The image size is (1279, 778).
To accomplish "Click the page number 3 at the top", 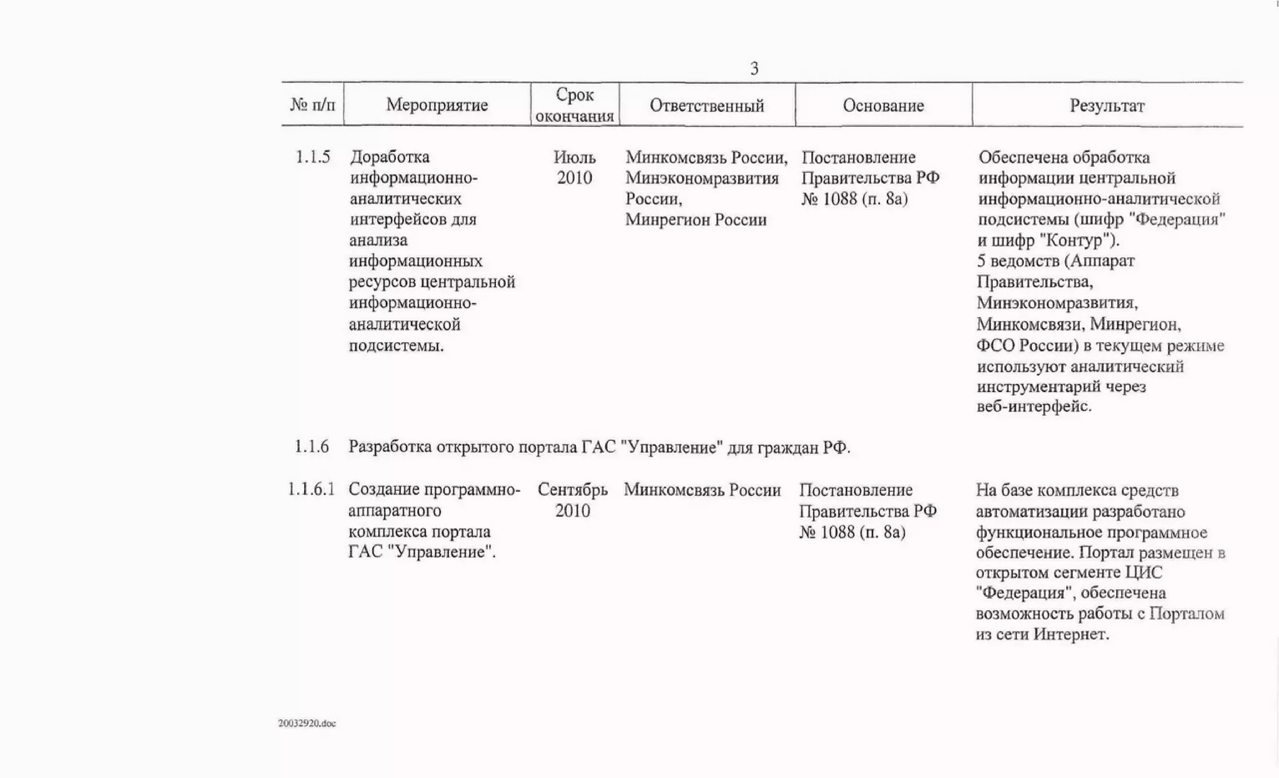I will point(754,68).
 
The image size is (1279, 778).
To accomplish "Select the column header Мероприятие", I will point(437,105).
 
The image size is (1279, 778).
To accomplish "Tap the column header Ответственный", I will point(706,106).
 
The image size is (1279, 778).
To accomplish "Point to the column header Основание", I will point(883,106).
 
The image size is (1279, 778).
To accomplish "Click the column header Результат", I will point(1107,106).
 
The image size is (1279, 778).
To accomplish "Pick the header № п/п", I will point(312,105).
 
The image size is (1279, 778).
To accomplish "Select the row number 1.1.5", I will point(312,157).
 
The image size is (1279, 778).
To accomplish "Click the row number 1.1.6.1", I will point(311,490).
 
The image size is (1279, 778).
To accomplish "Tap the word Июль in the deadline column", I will point(575,157).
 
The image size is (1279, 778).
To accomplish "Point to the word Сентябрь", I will point(573,490).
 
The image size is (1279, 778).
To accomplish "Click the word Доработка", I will point(390,157).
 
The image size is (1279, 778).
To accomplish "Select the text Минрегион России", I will point(696,220).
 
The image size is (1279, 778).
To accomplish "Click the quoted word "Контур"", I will point(1079,240).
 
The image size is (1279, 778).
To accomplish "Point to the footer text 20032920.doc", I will point(307,723).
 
